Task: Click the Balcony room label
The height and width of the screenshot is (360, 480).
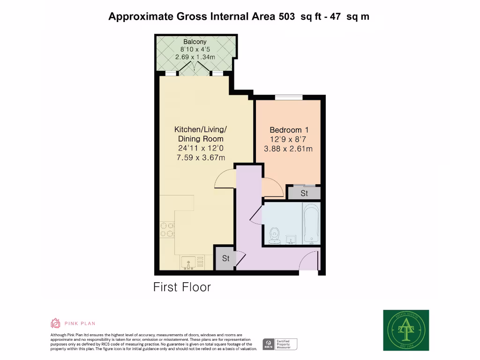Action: pyautogui.click(x=195, y=42)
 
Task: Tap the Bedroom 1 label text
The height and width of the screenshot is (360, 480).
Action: pyautogui.click(x=289, y=130)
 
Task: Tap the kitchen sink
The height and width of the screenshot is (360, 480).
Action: pyautogui.click(x=191, y=262)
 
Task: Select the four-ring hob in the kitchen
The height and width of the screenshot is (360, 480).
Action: pyautogui.click(x=166, y=230)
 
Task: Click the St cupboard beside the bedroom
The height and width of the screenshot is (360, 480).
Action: pyautogui.click(x=304, y=193)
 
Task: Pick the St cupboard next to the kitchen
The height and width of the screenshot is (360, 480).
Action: pyautogui.click(x=225, y=258)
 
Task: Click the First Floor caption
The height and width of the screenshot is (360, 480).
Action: pyautogui.click(x=182, y=287)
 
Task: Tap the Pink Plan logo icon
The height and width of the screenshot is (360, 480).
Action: pyautogui.click(x=55, y=323)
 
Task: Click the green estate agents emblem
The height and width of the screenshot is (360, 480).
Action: pyautogui.click(x=406, y=330)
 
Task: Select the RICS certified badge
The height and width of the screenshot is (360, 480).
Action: pyautogui.click(x=280, y=345)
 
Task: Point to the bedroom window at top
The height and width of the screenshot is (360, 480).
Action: pyautogui.click(x=288, y=97)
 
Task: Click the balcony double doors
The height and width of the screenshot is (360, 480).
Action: pyautogui.click(x=195, y=70)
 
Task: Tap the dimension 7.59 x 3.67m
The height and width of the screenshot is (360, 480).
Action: pyautogui.click(x=201, y=157)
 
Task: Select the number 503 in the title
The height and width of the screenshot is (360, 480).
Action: pyautogui.click(x=287, y=16)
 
